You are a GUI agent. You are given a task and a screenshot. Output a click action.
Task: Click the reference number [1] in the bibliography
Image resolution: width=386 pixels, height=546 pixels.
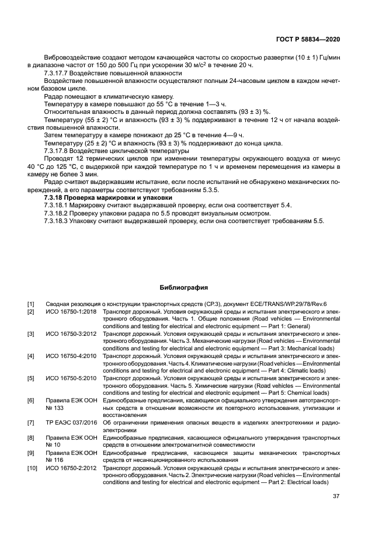pos(31,304)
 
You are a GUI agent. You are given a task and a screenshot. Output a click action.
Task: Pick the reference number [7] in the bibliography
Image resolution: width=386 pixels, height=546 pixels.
pos(31,422)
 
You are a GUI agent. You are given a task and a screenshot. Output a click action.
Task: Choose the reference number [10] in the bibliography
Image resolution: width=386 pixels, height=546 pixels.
pos(32,468)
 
